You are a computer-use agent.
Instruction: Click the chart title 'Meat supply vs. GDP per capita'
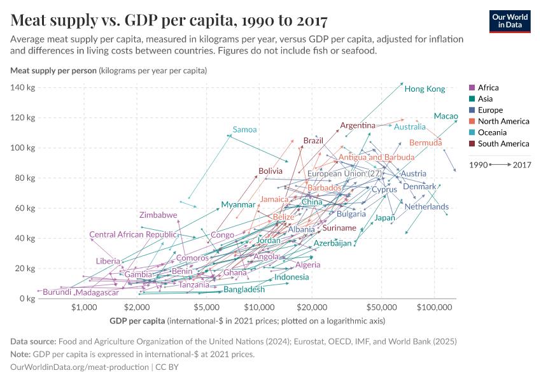tap(169, 20)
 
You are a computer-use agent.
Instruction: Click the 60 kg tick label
tap(24, 208)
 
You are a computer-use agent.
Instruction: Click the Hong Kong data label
tap(425, 89)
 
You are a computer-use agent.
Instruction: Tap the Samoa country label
tap(244, 130)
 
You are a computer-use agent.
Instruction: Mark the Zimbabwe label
tap(158, 215)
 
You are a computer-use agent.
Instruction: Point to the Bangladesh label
tap(244, 290)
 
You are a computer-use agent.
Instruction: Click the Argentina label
tap(357, 125)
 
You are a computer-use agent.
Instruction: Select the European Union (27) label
tap(344, 174)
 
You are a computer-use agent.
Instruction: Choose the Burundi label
tap(57, 292)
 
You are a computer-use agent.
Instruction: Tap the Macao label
tap(446, 117)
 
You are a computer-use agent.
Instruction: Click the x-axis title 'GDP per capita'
tap(138, 320)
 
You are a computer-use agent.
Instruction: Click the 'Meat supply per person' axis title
tap(53, 70)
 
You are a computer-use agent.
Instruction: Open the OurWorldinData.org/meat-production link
tap(81, 367)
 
